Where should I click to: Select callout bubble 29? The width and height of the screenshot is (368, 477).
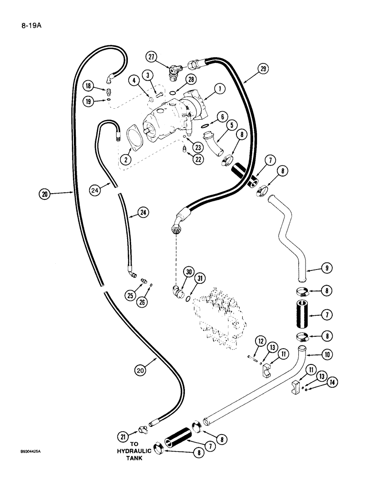pos(264,69)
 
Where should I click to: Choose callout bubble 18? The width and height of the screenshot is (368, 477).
pos(88,86)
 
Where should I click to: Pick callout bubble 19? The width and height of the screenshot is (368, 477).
pos(88,101)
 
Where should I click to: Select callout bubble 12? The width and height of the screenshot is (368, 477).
pos(260,341)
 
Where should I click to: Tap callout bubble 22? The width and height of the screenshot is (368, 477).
pos(196,160)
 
